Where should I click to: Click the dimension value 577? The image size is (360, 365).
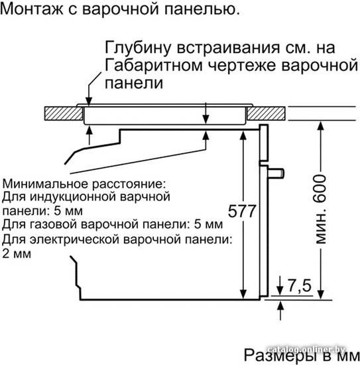pyautogui.click(x=242, y=211)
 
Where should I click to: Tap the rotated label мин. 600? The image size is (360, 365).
pyautogui.click(x=321, y=209)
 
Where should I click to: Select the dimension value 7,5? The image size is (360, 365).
pyautogui.click(x=300, y=285)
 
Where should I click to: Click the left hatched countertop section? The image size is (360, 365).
pyautogui.click(x=64, y=113)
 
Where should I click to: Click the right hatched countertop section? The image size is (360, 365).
pyautogui.click(x=266, y=113)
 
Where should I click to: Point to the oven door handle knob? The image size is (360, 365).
pyautogui.click(x=276, y=173)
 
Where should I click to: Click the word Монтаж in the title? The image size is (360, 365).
pyautogui.click(x=32, y=9)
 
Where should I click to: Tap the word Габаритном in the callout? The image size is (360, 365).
pyautogui.click(x=154, y=65)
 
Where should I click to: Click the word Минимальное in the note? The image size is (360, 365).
pyautogui.click(x=46, y=184)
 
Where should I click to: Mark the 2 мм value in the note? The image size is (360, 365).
pyautogui.click(x=17, y=254)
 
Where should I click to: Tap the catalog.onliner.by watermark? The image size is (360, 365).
pyautogui.click(x=306, y=349)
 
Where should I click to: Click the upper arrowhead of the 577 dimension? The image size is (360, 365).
pyautogui.click(x=243, y=135)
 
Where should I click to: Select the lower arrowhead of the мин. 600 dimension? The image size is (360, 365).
pyautogui.click(x=321, y=295)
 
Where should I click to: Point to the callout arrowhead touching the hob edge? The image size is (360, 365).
pyautogui.click(x=89, y=101)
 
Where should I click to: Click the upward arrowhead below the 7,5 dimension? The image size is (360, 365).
pyautogui.click(x=280, y=305)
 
